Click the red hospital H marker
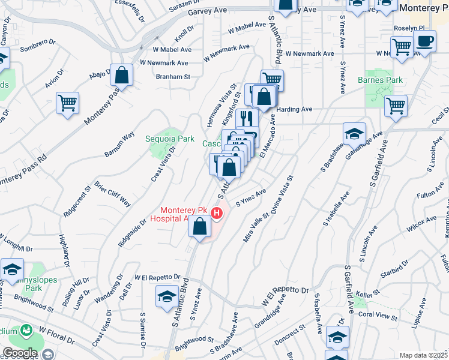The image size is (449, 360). pos(218,212)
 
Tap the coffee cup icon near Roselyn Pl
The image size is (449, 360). pos(425,42)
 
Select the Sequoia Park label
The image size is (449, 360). pos(170,139)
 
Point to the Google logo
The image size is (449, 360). pos(19,353)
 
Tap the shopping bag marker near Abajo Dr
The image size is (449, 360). pos(121,76)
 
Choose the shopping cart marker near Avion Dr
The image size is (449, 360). pos(67,103)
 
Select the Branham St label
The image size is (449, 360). pos(173,77)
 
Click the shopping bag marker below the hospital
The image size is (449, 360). pos(200,226)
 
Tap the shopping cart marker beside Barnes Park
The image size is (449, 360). pos(396,106)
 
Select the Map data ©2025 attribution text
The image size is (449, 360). pos(424,355)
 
